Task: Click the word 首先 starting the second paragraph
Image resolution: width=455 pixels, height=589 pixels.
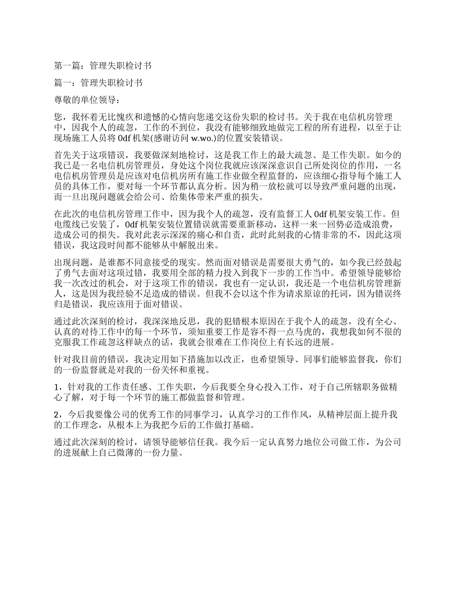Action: pyautogui.click(x=63, y=155)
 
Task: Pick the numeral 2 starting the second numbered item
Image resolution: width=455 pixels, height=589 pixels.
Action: pyautogui.click(x=57, y=415)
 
